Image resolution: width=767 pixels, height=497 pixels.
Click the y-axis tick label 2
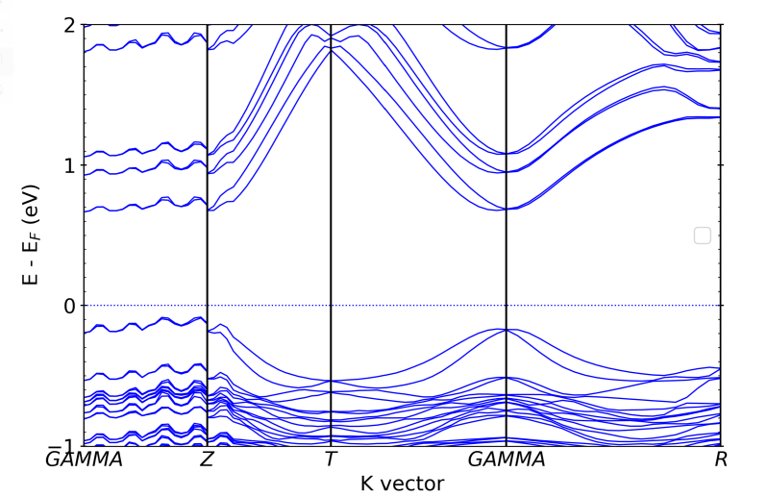pos(69,25)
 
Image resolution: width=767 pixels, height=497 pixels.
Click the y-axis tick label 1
pos(69,165)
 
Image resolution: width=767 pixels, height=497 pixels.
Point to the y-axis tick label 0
pos(69,306)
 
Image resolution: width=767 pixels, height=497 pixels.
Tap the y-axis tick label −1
pos(64,445)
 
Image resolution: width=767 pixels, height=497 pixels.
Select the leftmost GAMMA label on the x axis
pos(85,460)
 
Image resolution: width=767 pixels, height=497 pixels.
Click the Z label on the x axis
pos(207,460)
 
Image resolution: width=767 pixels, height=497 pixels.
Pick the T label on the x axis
pos(331,460)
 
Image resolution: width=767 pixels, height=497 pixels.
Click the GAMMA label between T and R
pos(506,460)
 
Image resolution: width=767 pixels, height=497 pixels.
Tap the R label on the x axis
pos(721,460)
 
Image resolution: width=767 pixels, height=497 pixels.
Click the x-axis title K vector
pos(403,483)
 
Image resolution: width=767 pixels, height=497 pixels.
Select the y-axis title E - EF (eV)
pos(33,235)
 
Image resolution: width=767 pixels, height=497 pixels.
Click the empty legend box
pos(702,235)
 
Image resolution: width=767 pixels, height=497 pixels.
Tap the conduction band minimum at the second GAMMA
pos(507,209)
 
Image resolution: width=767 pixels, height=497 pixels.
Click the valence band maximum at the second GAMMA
pos(507,329)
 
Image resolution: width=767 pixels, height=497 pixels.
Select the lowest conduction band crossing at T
pos(331,49)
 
